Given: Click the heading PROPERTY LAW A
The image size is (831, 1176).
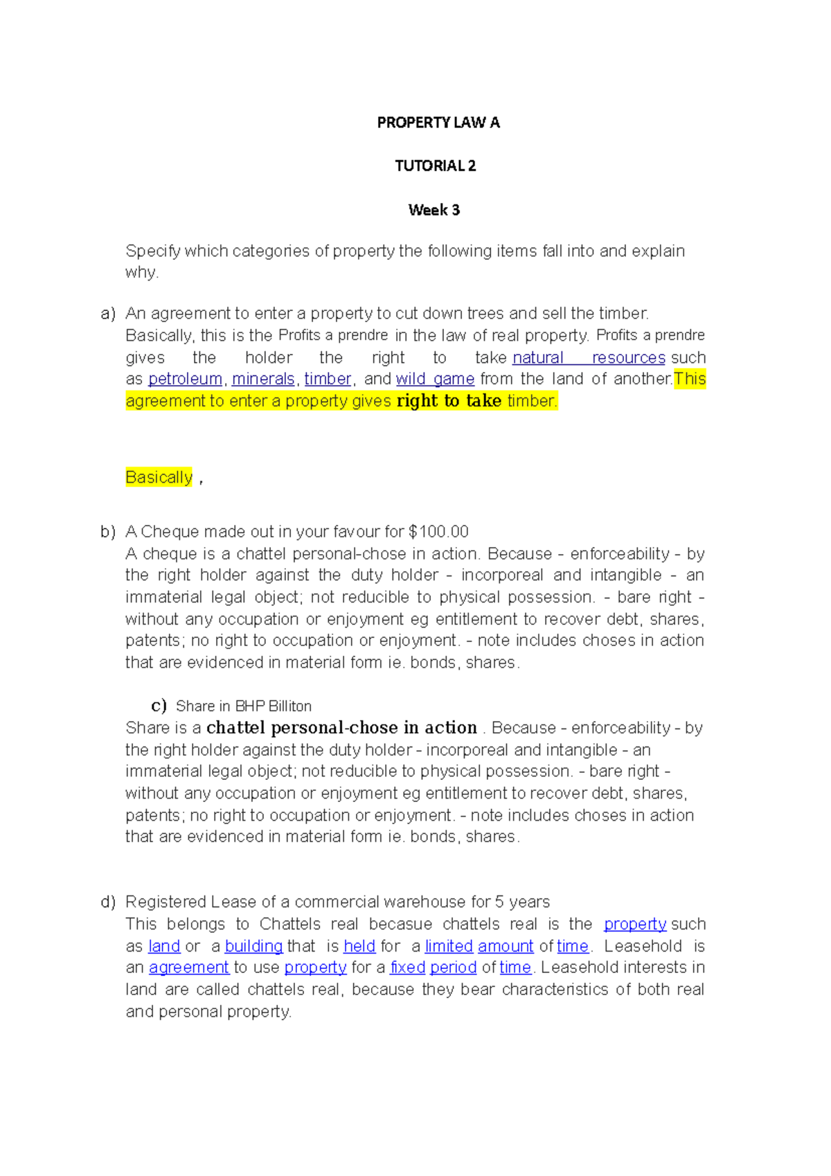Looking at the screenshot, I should pos(438,123).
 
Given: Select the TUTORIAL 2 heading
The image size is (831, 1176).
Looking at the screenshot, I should pos(435,166).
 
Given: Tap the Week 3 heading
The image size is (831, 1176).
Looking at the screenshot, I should pos(434,210).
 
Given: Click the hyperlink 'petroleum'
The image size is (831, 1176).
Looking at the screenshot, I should pos(185,380).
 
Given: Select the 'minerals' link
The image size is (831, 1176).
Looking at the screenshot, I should pos(263,380).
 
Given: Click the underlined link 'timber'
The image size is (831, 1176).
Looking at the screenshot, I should pos(328,380).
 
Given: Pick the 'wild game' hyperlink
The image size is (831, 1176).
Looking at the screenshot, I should pos(435,380).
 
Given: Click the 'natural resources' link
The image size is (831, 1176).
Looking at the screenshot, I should pos(589,358).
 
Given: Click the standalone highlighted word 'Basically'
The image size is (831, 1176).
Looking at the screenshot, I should pos(159,477).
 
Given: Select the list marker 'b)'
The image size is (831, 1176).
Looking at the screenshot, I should pos(107,532).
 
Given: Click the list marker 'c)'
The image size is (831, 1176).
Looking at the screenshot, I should pos(159,706).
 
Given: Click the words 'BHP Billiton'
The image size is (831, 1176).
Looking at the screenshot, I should pos(274,706).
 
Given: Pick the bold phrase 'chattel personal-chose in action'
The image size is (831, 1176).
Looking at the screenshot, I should pos(341,728).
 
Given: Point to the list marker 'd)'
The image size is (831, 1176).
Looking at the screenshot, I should pos(107,902).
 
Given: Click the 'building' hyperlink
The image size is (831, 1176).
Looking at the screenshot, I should pos(253,946).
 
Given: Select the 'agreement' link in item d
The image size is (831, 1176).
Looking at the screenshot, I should pos(188,968).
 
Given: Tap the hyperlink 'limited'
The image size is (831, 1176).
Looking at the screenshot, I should pos(449,946).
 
